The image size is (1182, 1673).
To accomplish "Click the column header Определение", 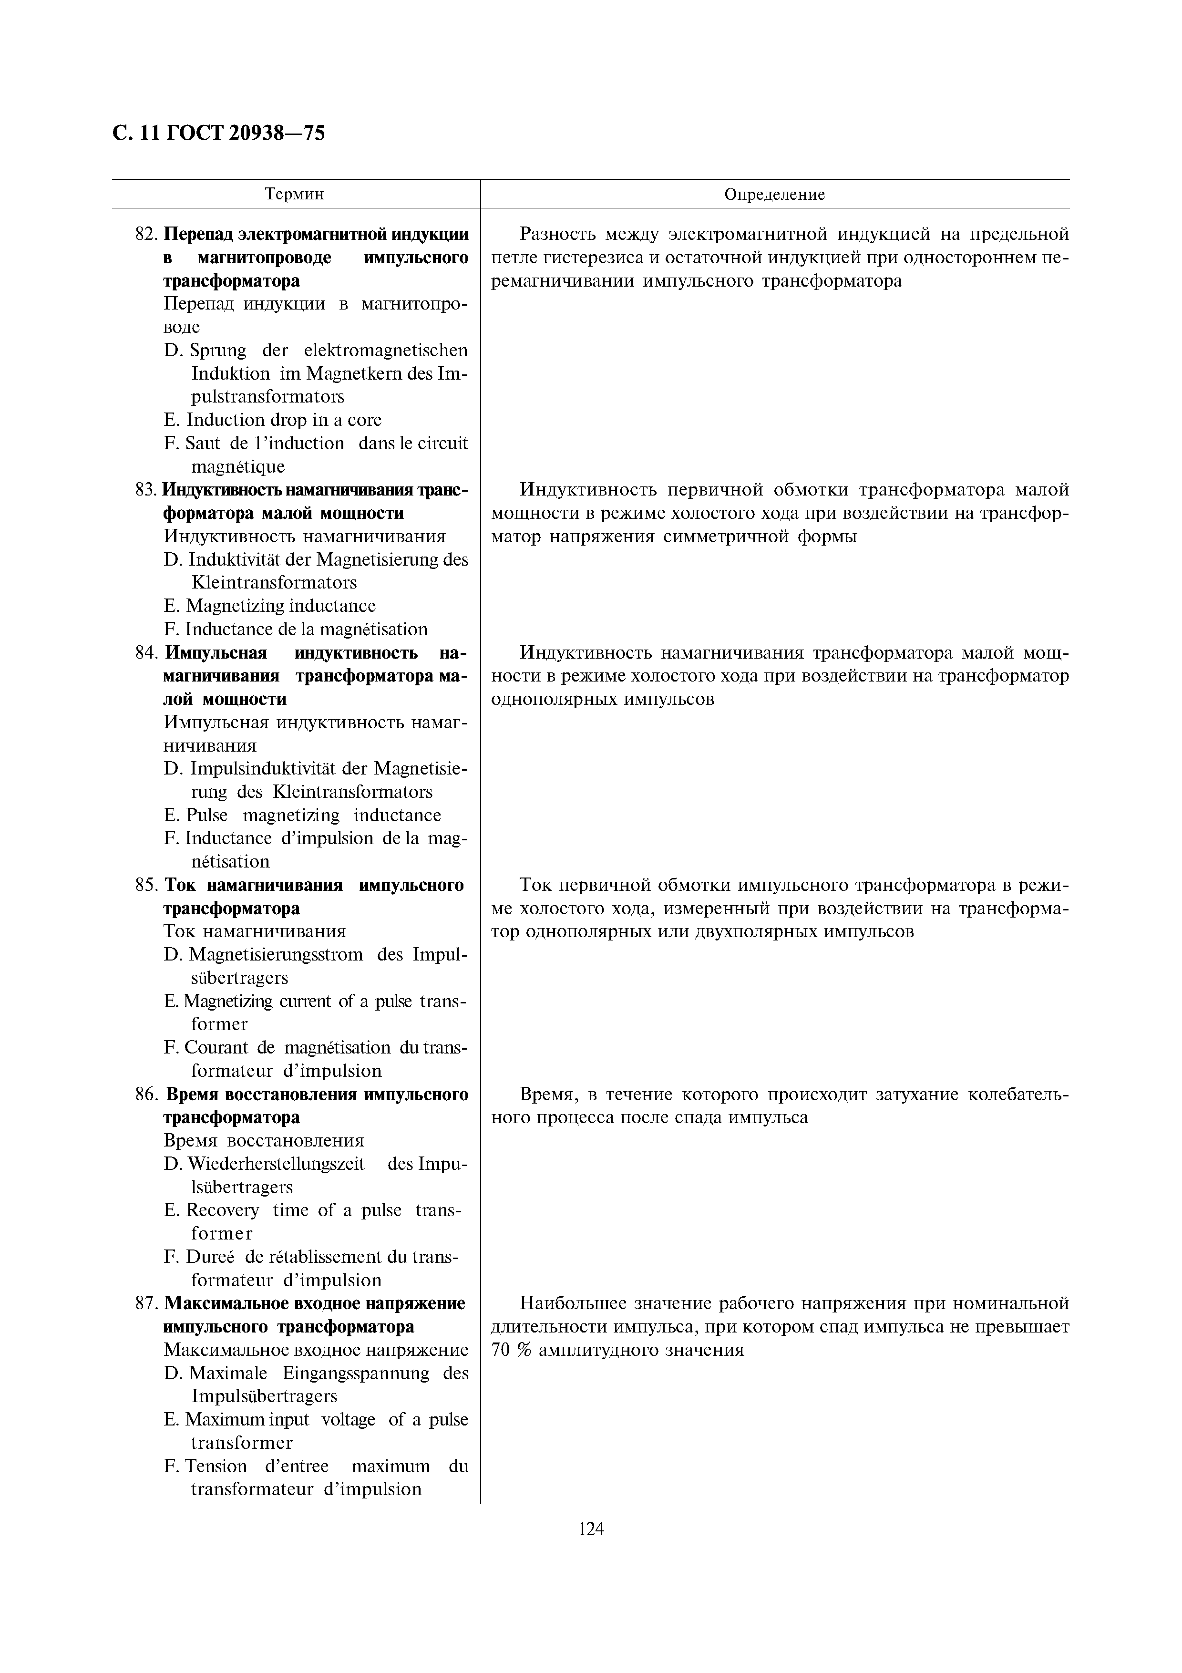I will click(x=774, y=195).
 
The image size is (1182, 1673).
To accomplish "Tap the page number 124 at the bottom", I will click(x=591, y=1528).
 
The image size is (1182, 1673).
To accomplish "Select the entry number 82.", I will click(x=146, y=235).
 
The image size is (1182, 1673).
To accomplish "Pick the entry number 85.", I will click(x=146, y=885).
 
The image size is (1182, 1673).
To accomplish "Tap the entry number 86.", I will click(x=146, y=1095).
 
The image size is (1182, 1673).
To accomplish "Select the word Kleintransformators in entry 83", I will click(x=274, y=583).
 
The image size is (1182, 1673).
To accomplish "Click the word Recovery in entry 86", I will click(x=222, y=1210).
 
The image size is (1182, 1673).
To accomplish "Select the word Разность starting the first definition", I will click(x=557, y=235).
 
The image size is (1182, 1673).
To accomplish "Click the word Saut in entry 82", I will click(x=203, y=444).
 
